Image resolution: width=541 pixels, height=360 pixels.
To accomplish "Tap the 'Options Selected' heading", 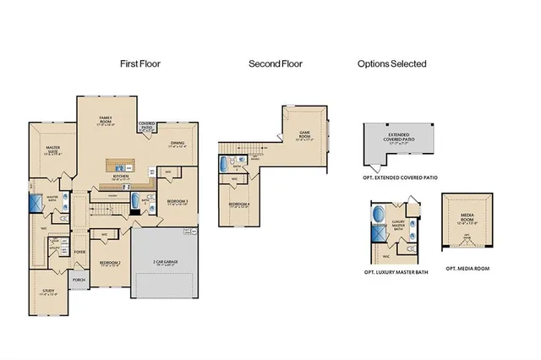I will (x=391, y=63).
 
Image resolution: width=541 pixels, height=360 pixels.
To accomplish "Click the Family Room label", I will (x=106, y=120).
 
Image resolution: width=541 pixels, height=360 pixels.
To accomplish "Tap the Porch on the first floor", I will (x=79, y=281).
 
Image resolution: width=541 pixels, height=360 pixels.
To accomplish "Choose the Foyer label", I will (x=79, y=252).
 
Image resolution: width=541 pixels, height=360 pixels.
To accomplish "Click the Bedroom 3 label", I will (x=177, y=202).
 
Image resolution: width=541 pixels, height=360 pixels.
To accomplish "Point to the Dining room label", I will (x=177, y=144).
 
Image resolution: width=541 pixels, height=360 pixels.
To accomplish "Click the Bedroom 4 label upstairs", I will (x=238, y=205).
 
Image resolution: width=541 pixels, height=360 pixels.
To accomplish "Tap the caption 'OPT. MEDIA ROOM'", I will (x=467, y=269).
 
